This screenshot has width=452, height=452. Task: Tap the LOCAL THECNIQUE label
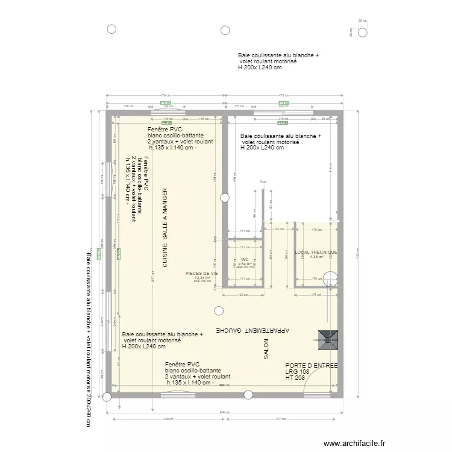click(316, 252)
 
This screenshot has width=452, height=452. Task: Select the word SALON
click(265, 349)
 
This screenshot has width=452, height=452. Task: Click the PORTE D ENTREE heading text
click(311, 366)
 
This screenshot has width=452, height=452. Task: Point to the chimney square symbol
click(330, 340)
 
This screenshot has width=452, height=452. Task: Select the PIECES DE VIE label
click(202, 273)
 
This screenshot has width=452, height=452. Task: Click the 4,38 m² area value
click(316, 257)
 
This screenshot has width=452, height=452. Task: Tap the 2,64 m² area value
click(245, 264)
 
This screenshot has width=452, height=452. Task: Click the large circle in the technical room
click(331, 279)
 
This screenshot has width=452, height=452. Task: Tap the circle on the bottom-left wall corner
click(107, 397)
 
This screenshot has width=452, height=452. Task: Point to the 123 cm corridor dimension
click(278, 230)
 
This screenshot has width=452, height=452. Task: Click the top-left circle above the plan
click(111, 30)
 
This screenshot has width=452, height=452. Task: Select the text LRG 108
click(297, 372)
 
